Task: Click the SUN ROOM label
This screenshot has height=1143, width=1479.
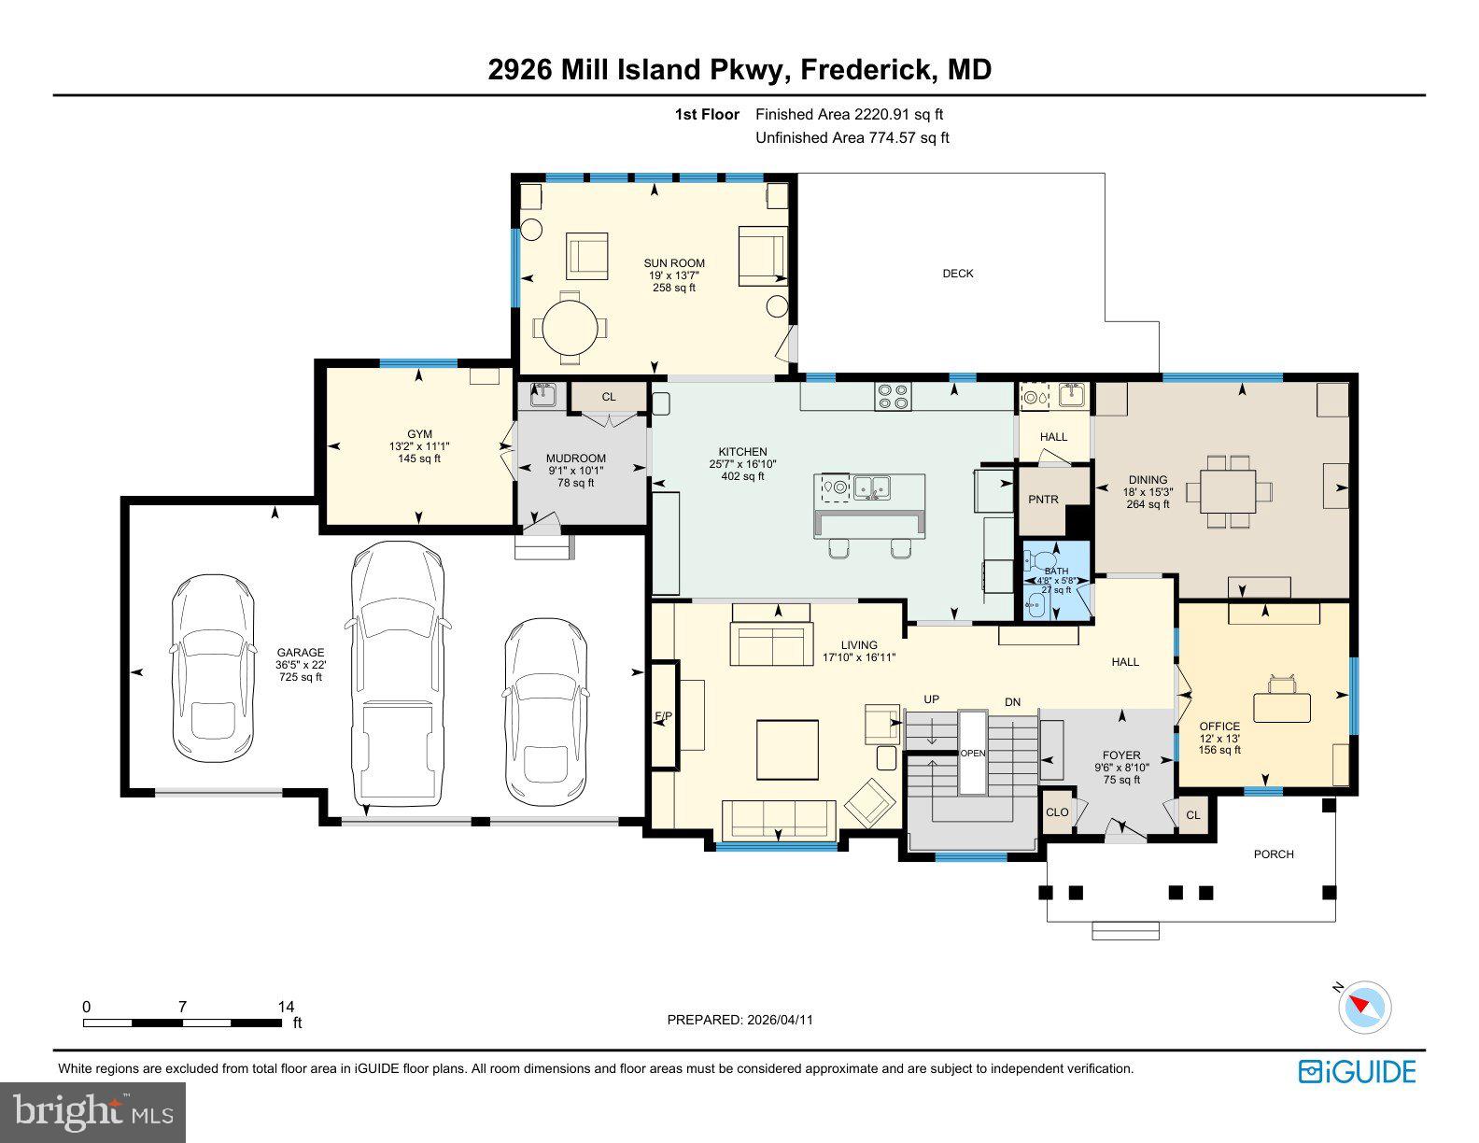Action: tap(673, 263)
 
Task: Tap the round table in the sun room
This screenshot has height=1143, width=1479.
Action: tap(569, 328)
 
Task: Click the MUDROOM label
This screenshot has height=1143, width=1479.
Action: tap(575, 459)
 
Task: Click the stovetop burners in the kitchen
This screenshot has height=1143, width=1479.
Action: tap(893, 396)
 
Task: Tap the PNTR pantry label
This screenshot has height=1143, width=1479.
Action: tap(1043, 500)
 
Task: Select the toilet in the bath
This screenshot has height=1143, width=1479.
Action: tap(1035, 561)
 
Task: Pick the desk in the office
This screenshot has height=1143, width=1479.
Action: tap(1281, 707)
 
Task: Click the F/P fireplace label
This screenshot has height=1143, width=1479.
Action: tap(663, 716)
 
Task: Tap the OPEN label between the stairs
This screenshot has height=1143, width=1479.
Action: tap(972, 754)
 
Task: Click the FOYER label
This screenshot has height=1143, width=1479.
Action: tap(1120, 755)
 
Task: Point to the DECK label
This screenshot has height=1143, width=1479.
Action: tap(957, 274)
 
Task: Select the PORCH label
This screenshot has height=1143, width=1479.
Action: tap(1274, 854)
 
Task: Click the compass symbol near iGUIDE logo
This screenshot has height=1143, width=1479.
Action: tap(1364, 1008)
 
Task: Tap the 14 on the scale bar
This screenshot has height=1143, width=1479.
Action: tap(286, 1007)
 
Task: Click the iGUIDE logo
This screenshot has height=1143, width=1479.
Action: tap(1357, 1071)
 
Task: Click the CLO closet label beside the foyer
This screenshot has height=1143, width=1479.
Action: tap(1056, 812)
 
